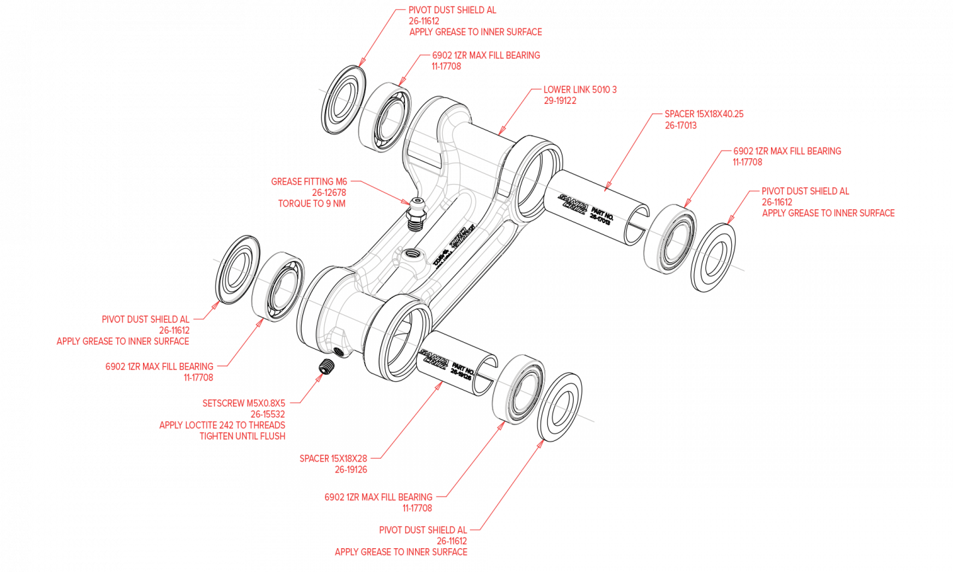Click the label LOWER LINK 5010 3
[x=580, y=89]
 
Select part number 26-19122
[x=560, y=101]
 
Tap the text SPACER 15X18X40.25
[x=704, y=114]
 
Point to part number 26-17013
[x=680, y=125]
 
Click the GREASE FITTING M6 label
[x=308, y=181]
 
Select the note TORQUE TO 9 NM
[x=311, y=204]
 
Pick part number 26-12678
[x=328, y=193]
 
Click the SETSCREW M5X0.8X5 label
[x=244, y=403]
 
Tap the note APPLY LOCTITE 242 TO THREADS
[x=222, y=425]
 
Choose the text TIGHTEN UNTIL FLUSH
[x=242, y=436]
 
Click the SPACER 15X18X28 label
[x=333, y=458]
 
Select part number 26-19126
[x=351, y=469]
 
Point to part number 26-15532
[x=267, y=414]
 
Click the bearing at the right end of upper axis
[x=671, y=240]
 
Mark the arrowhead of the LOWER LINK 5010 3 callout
[x=500, y=132]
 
